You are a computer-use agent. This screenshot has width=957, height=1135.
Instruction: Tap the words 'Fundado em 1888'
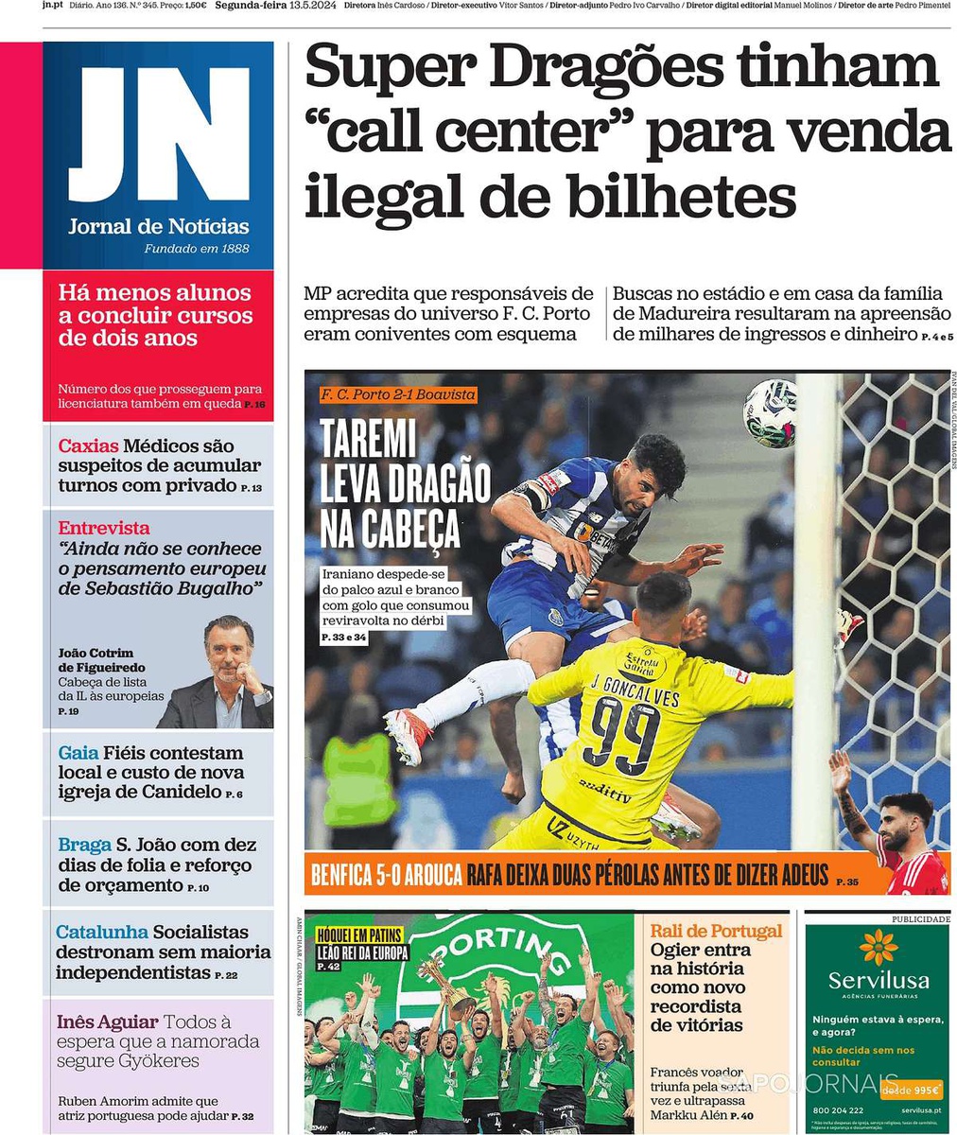point(196,249)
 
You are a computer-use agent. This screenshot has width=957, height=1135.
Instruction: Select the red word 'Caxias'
point(88,445)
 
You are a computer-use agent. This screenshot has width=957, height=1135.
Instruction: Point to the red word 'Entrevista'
point(104,528)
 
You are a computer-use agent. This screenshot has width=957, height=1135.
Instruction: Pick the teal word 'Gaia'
point(78,753)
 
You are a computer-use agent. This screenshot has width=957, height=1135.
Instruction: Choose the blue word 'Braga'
point(84,845)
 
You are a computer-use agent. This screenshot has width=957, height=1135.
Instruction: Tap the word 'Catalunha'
point(102,933)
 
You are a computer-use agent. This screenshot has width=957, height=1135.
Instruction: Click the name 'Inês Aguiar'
point(106,1022)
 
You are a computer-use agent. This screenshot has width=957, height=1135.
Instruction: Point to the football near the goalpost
point(770,412)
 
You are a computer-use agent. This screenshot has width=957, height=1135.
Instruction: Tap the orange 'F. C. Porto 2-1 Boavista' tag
point(397,394)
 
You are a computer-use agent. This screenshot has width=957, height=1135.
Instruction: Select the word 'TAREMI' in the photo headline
point(368,439)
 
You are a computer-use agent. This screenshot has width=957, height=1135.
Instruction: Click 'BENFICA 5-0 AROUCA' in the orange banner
point(384,875)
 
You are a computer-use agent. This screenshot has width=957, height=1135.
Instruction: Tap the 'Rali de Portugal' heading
point(716,931)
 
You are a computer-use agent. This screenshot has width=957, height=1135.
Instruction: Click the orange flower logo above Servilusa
point(878,947)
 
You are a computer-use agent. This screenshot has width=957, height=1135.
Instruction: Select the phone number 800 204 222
point(838,1110)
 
